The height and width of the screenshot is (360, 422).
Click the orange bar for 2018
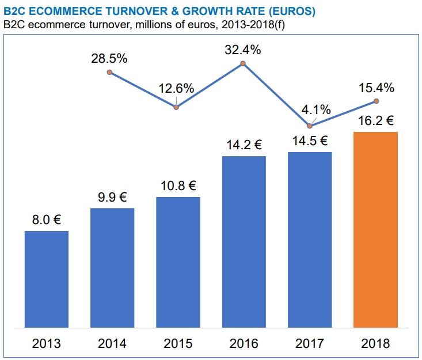pyautogui.click(x=375, y=230)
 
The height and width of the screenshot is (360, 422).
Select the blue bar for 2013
pyautogui.click(x=46, y=279)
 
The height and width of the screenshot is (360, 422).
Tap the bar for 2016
pyautogui.click(x=244, y=242)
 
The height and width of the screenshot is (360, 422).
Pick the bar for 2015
pyautogui.click(x=178, y=262)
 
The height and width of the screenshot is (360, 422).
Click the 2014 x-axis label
pyautogui.click(x=112, y=344)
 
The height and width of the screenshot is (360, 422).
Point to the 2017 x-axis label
pyautogui.click(x=310, y=344)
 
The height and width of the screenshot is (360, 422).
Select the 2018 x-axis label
pyautogui.click(x=375, y=344)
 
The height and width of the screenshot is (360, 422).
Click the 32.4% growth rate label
pyautogui.click(x=243, y=50)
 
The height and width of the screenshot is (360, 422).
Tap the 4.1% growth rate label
pyautogui.click(x=316, y=109)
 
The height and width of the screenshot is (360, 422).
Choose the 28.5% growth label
pyautogui.click(x=109, y=59)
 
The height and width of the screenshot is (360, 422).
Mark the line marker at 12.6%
pyautogui.click(x=177, y=107)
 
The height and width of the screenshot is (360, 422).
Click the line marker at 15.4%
pyautogui.click(x=376, y=101)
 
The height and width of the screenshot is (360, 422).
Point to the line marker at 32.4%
pyautogui.click(x=243, y=63)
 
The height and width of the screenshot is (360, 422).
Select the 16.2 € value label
pyautogui.click(x=375, y=121)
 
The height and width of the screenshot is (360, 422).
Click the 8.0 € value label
pyautogui.click(x=46, y=219)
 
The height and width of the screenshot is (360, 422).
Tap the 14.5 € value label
pyautogui.click(x=309, y=141)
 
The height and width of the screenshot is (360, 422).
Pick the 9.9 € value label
pyautogui.click(x=112, y=197)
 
